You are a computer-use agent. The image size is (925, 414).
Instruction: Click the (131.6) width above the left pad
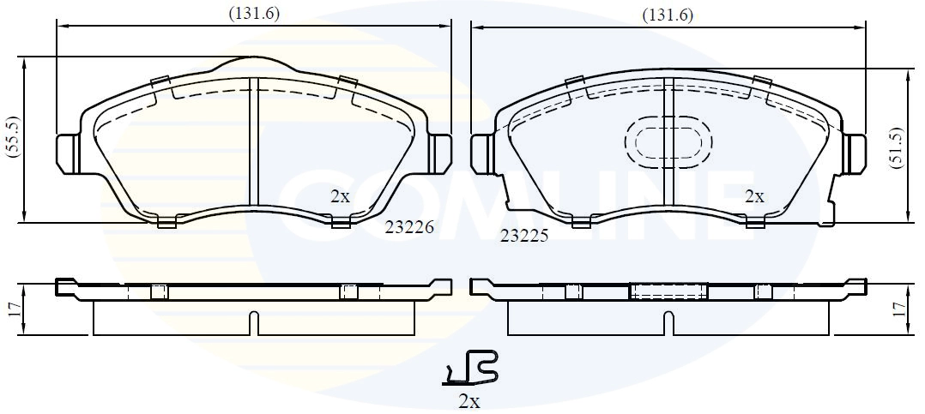[253, 13]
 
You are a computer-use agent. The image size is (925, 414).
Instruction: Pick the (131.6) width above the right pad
[668, 15]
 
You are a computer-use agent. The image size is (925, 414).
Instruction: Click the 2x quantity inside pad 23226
[340, 196]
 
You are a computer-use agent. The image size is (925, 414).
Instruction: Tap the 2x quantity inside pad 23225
[753, 196]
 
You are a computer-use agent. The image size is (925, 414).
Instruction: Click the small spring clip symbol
[470, 369]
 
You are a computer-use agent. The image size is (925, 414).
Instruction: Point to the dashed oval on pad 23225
[667, 141]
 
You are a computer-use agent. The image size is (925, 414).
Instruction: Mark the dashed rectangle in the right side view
[668, 291]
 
